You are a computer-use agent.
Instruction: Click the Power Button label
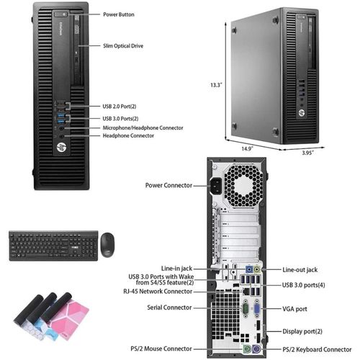point(119,14)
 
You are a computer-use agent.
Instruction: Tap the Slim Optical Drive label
point(123,46)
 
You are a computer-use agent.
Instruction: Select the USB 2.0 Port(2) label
point(120,107)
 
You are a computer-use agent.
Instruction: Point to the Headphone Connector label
point(128,135)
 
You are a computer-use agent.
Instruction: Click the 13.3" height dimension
point(216,85)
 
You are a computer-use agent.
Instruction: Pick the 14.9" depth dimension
point(247,148)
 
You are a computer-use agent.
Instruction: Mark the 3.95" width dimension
point(307,153)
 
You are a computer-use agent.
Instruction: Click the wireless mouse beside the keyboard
point(107,245)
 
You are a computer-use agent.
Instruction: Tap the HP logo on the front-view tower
point(61,147)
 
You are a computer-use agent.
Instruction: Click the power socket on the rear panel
point(217,186)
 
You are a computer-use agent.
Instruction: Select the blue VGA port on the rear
point(257,309)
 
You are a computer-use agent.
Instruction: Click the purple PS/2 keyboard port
point(256,348)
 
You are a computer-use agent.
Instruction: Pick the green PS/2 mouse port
point(247,348)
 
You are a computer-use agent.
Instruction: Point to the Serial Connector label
point(169,307)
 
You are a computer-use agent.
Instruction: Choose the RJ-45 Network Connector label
point(158,292)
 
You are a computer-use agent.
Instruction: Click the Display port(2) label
point(302,331)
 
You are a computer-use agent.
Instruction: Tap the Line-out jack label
point(300,270)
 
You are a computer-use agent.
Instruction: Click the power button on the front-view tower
point(60,14)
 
